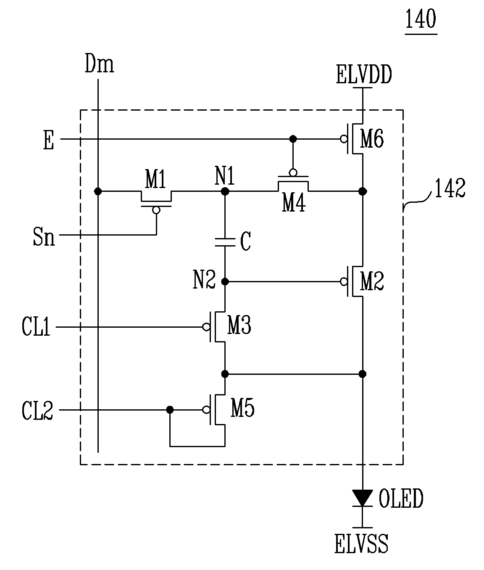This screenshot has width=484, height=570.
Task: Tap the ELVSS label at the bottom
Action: (361, 543)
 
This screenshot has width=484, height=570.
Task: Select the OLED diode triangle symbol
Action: (363, 498)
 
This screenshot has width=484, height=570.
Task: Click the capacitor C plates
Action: (225, 242)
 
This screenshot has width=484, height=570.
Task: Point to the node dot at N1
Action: (225, 191)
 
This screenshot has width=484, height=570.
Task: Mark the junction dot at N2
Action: (225, 281)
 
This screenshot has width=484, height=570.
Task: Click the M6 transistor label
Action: (372, 139)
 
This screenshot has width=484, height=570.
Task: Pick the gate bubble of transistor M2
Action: (344, 281)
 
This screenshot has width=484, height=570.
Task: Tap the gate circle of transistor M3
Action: (206, 327)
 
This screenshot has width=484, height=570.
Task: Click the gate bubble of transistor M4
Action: (293, 173)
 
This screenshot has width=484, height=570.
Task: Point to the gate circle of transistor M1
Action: (156, 210)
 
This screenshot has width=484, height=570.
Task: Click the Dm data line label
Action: (99, 64)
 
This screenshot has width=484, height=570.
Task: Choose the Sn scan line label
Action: (44, 237)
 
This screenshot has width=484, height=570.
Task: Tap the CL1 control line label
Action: (36, 326)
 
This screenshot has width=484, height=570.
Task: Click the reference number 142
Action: (450, 188)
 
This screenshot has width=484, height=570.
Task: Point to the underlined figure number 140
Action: (421, 19)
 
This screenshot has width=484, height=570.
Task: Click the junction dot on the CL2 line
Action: (170, 410)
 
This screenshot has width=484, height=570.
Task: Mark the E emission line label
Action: (49, 140)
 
